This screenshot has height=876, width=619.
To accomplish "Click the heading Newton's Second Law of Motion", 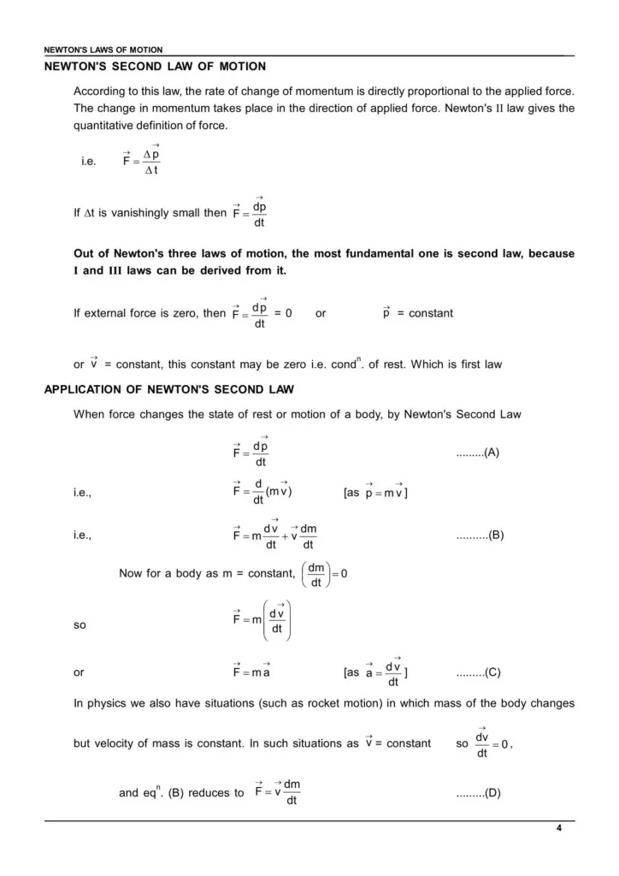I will [x=155, y=66].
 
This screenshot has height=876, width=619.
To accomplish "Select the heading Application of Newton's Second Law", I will [x=169, y=390].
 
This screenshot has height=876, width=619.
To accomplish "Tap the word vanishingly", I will [x=143, y=213].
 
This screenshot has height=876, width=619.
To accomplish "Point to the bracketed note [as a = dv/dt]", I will [x=375, y=672].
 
